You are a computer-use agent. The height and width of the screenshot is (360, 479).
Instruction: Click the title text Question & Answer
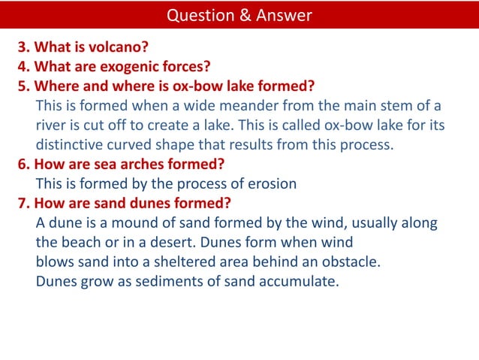click(x=239, y=15)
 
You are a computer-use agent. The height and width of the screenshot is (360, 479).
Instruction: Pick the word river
click(x=52, y=125)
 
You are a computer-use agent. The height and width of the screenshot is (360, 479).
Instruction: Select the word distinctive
click(x=72, y=144)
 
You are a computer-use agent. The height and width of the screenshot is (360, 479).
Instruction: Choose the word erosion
click(x=270, y=183)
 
